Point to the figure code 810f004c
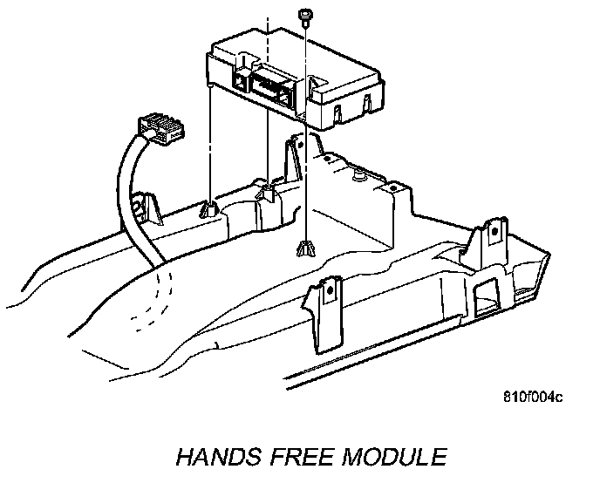(x=532, y=398)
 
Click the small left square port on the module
(x=237, y=85)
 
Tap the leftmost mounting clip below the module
(x=209, y=209)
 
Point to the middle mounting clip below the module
(x=268, y=191)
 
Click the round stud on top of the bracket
(x=358, y=173)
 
